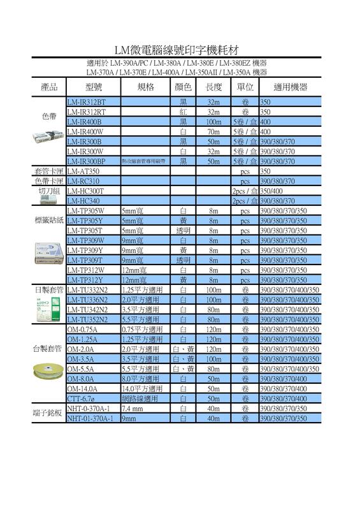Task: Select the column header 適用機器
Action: pos(290,87)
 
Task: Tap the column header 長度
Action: pos(214,87)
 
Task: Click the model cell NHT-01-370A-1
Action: pos(90,419)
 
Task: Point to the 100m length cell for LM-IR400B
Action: pos(214,122)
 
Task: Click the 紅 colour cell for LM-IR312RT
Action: pos(183,112)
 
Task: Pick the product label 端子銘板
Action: pos(48,414)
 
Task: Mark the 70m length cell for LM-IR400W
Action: pos(214,131)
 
